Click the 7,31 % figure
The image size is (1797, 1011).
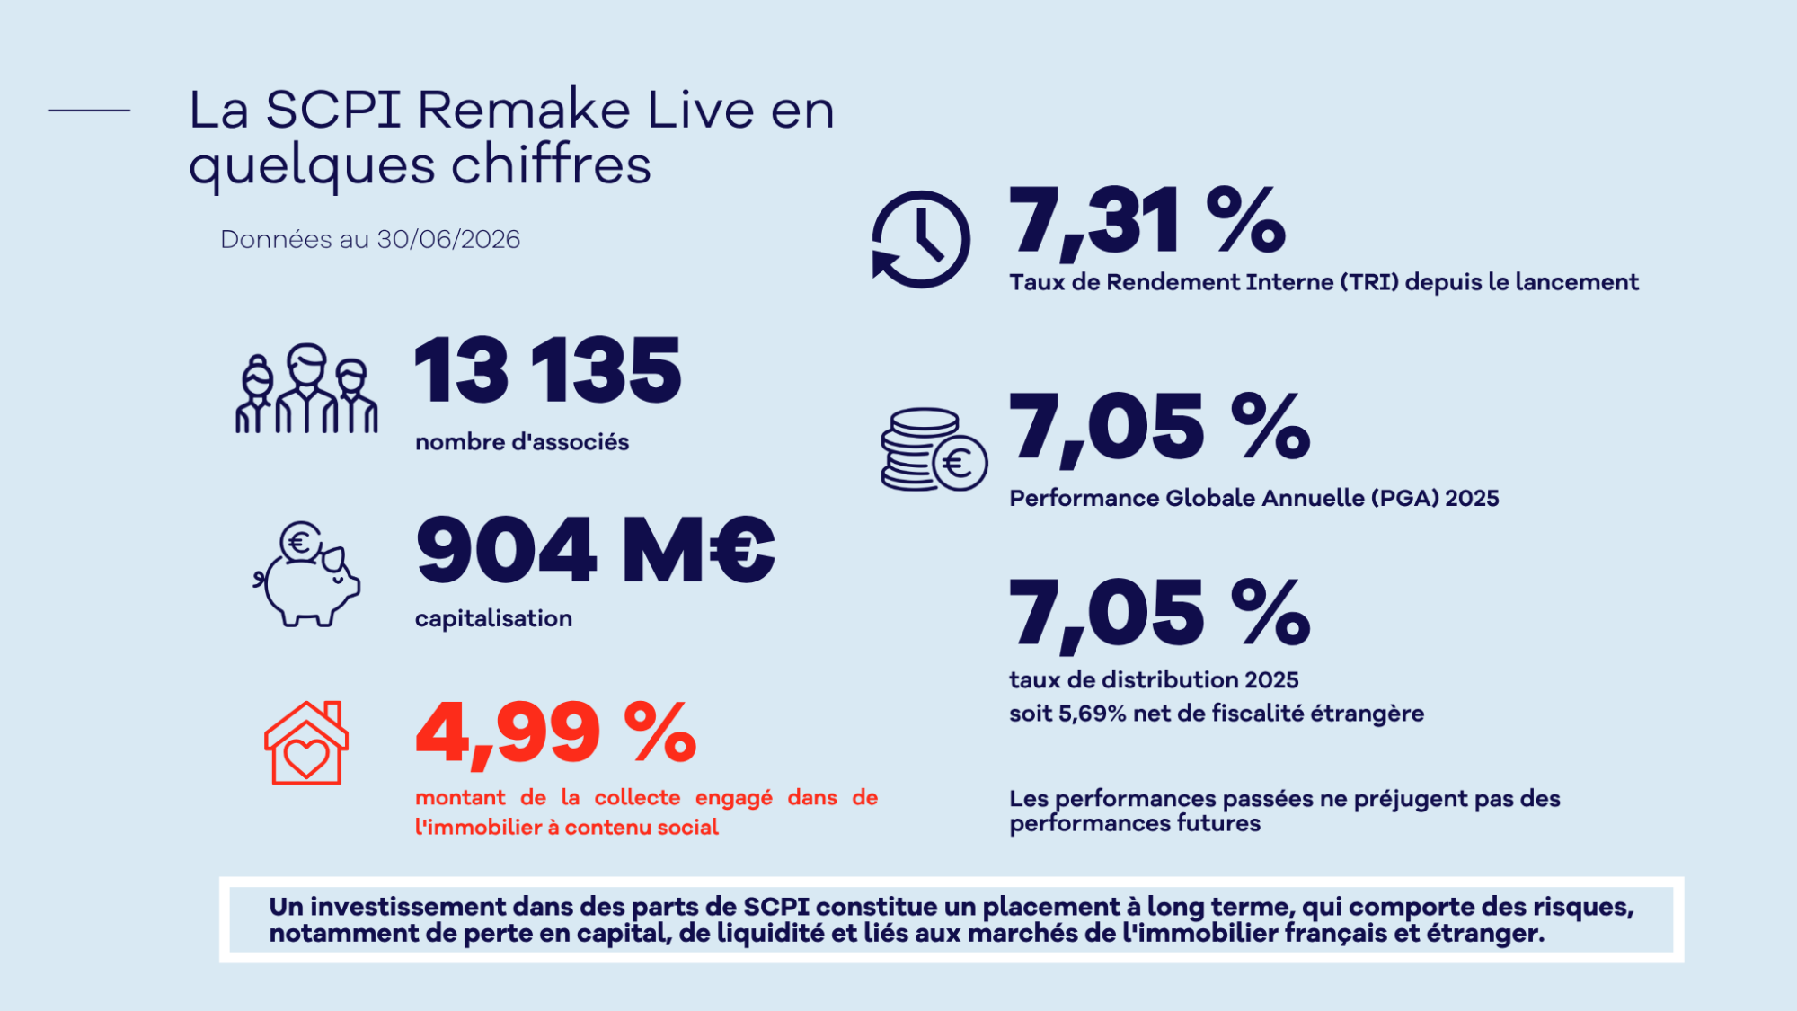[x=1147, y=221]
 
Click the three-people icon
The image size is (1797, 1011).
[x=306, y=389]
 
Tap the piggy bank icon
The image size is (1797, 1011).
[x=306, y=574]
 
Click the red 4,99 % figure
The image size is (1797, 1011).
[x=555, y=733]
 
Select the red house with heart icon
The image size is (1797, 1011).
[x=306, y=743]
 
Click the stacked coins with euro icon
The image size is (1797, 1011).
[x=934, y=449]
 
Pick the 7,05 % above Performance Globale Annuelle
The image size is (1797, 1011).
[x=1159, y=429]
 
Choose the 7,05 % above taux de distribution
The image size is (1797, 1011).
[x=1159, y=615]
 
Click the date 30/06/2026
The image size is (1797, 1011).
[x=448, y=239]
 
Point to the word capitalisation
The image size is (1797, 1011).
[x=493, y=619]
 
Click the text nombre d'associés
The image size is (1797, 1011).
[x=522, y=442]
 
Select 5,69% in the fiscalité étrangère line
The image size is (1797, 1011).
[x=1093, y=714]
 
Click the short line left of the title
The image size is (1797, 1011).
[x=89, y=111]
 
